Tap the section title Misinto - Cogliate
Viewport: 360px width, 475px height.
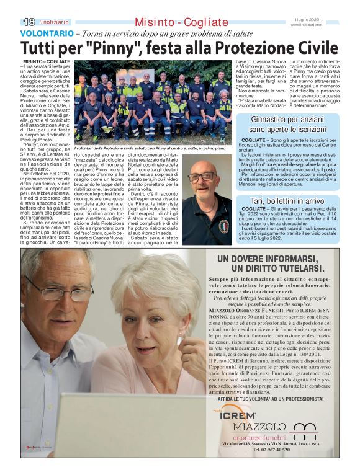point(179,22)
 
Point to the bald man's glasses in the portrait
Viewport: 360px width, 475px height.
point(202,177)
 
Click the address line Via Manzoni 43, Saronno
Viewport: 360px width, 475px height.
point(245,444)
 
